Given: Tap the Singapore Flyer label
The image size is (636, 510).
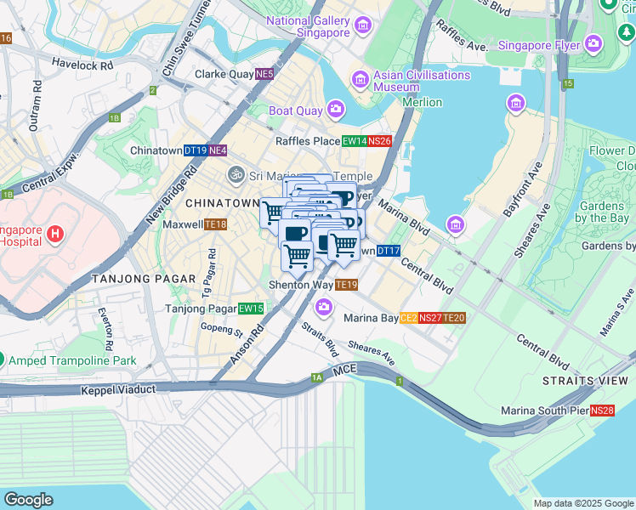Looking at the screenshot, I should click(539, 44).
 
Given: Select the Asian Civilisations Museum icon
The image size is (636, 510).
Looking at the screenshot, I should click(360, 81).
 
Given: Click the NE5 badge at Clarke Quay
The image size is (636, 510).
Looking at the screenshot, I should click(266, 75).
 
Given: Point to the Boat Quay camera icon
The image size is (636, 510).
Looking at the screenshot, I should click(336, 110).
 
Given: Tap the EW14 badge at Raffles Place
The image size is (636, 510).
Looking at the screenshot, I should click(354, 142).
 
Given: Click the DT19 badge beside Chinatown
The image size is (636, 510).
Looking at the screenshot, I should click(196, 150).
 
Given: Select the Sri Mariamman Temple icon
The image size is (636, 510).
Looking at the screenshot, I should click(236, 175).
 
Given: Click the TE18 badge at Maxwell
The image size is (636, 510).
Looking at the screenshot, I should click(215, 224).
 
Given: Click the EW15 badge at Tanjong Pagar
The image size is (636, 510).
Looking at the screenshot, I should click(251, 309).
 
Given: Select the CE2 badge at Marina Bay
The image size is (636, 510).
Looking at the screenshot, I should click(408, 318).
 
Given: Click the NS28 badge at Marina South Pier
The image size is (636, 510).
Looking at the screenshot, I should click(602, 411).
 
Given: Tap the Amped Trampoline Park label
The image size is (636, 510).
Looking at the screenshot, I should click(72, 360).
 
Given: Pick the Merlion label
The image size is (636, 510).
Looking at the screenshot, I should click(422, 102).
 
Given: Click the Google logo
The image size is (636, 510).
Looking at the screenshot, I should click(29, 500).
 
